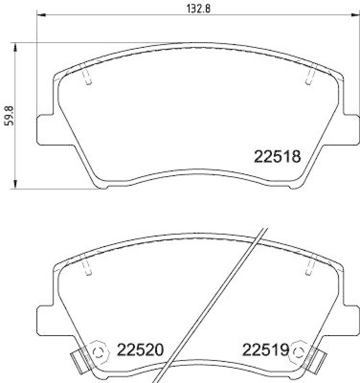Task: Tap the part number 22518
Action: (277, 157)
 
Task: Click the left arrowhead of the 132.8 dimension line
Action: (41, 16)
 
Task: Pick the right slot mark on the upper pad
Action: (310, 75)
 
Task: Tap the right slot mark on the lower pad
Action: (310, 266)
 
